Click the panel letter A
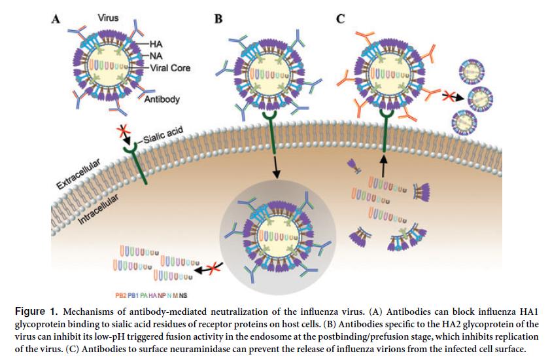(56, 19)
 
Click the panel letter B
(218, 19)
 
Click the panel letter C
(340, 19)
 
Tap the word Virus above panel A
(109, 18)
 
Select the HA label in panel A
(156, 44)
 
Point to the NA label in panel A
(156, 56)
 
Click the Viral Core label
(170, 67)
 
